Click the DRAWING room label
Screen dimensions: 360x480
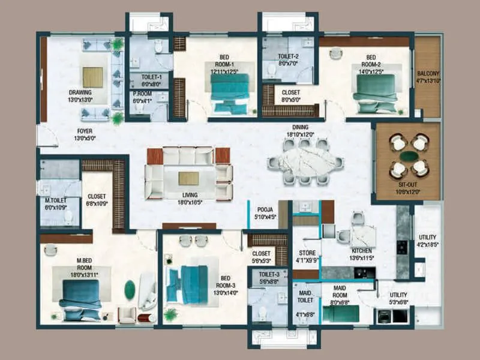pos(80,92)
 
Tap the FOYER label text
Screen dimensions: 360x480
pos(85,130)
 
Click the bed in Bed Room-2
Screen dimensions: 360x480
pos(374,93)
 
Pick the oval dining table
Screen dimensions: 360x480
pos(305,161)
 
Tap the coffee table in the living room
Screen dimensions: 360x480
pos(188,178)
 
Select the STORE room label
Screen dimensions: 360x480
pos(307,253)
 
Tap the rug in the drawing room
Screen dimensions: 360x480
pos(93,77)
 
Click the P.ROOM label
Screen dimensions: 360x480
pos(143,94)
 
